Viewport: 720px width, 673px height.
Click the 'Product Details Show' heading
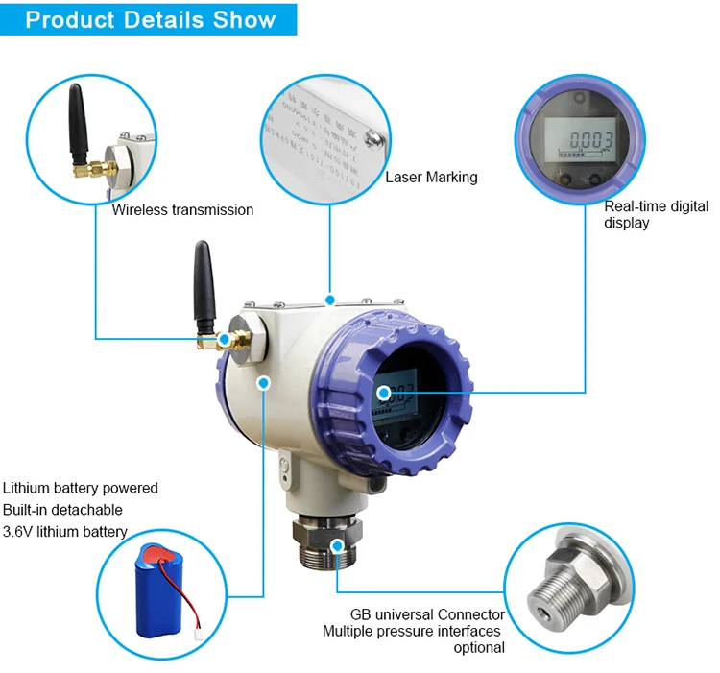150,19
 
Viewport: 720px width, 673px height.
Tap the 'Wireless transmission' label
182,209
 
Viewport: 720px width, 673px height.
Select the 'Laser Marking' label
431,177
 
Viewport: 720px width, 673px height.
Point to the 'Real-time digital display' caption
656,214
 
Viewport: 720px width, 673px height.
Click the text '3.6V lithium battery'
65,532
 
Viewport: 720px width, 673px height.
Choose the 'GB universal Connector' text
427,614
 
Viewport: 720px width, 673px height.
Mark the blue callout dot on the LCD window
383,392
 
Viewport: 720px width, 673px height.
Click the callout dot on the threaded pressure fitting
337,545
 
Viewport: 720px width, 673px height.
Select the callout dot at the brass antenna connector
226,339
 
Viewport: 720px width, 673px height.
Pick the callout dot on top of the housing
329,300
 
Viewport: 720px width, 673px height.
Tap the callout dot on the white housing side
264,382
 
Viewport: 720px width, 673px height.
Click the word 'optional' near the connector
478,648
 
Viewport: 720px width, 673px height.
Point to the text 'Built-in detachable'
62,510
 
